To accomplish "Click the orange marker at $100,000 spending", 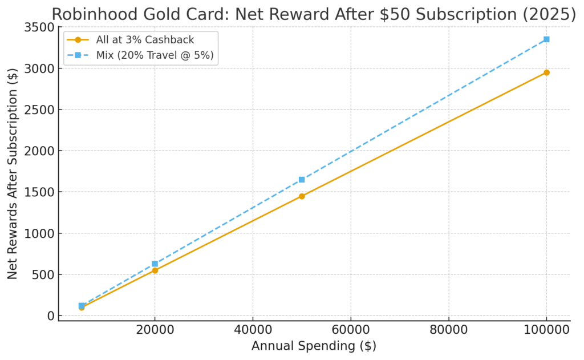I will (546, 72).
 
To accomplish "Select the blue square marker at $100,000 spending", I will (546, 39).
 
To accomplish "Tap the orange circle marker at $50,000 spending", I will (302, 196).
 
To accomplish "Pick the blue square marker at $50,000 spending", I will (302, 180).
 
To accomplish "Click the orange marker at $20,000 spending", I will (155, 270).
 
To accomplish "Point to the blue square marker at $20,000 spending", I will (155, 264).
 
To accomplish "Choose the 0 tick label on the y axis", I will (51, 316).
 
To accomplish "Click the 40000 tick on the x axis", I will (252, 330).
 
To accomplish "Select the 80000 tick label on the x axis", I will (448, 330).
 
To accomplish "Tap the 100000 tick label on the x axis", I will (546, 330).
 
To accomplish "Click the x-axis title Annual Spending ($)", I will (314, 346).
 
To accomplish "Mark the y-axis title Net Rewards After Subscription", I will (13, 171).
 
